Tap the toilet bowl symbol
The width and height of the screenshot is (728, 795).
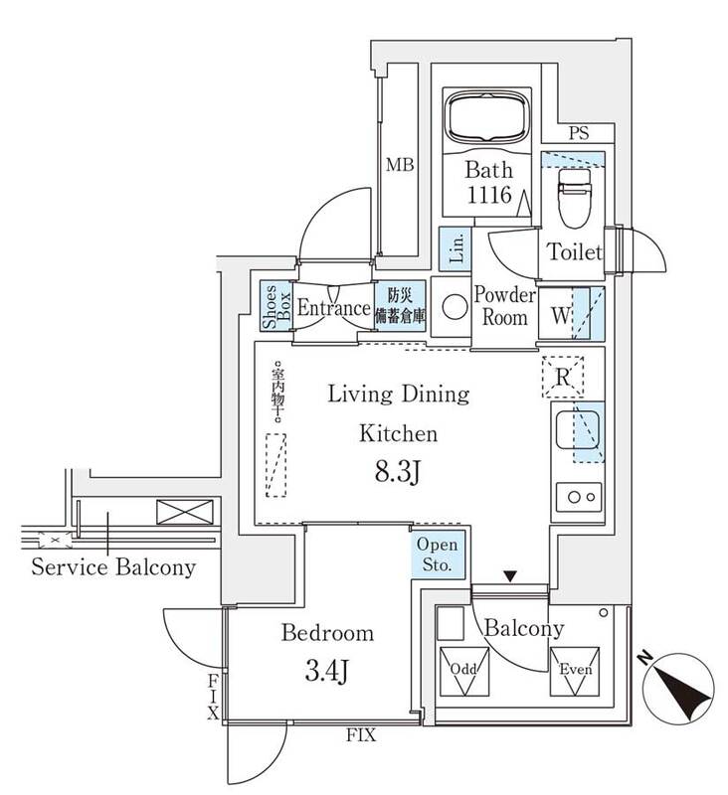pyautogui.click(x=575, y=196)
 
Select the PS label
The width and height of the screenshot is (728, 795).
pyautogui.click(x=578, y=132)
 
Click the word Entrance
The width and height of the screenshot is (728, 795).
pyautogui.click(x=334, y=308)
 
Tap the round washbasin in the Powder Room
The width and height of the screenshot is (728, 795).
pyautogui.click(x=453, y=308)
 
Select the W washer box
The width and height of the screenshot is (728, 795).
pyautogui.click(x=562, y=315)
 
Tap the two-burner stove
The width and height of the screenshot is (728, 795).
pyautogui.click(x=575, y=495)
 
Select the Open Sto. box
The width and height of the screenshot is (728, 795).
pyautogui.click(x=435, y=555)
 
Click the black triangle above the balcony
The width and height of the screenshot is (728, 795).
pyautogui.click(x=510, y=575)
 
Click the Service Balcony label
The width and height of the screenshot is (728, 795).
pyautogui.click(x=113, y=568)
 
